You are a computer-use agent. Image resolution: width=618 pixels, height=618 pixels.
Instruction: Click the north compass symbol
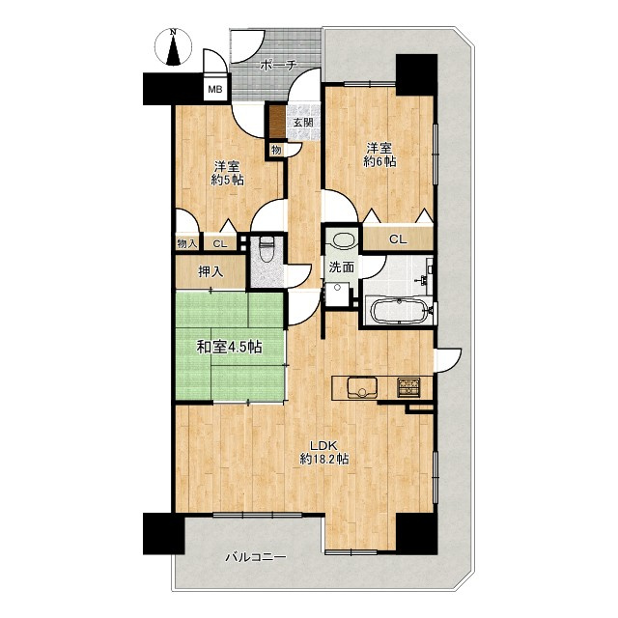point(173,47)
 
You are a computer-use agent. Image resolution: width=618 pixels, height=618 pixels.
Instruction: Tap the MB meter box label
point(215,90)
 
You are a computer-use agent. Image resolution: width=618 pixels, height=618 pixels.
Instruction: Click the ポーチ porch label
point(278,65)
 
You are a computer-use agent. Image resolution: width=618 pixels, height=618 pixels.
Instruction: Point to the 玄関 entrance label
point(302,123)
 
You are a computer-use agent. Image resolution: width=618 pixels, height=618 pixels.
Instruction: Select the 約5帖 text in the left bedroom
point(228,180)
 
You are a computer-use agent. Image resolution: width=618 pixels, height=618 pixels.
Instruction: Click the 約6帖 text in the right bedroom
point(379,161)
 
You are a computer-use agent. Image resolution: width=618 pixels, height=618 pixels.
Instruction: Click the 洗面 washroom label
point(341,267)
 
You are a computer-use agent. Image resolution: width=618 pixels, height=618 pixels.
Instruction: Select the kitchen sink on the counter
point(362,388)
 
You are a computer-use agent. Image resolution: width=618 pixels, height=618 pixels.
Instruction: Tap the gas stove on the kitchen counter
point(409,386)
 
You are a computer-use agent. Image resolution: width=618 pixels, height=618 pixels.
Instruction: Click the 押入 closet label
point(211,271)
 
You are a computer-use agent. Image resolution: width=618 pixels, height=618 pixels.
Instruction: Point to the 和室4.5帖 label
point(230,347)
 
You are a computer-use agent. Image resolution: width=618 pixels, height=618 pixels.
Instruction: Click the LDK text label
point(323,446)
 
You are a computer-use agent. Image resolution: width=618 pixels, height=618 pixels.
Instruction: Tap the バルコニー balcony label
point(256,557)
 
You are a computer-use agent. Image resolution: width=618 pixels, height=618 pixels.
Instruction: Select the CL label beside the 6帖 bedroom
point(398,239)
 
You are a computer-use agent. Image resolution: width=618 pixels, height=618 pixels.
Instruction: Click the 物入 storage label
point(186,243)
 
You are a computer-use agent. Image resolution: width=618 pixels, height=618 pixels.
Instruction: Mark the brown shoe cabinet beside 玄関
point(277,120)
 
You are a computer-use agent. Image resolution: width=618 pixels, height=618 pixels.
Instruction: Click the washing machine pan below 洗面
point(337,293)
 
